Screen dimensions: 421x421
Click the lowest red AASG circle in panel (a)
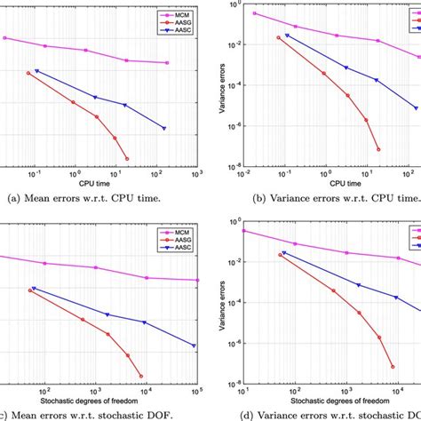point(127,158)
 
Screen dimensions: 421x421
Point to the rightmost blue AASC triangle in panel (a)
point(165,128)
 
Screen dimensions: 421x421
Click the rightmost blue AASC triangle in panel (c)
point(195,346)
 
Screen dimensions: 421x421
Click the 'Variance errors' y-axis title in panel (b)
point(209,85)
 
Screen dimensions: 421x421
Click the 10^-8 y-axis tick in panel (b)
point(229,166)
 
